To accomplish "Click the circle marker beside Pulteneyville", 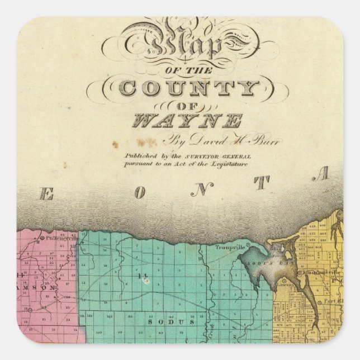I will (x=44, y=238).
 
